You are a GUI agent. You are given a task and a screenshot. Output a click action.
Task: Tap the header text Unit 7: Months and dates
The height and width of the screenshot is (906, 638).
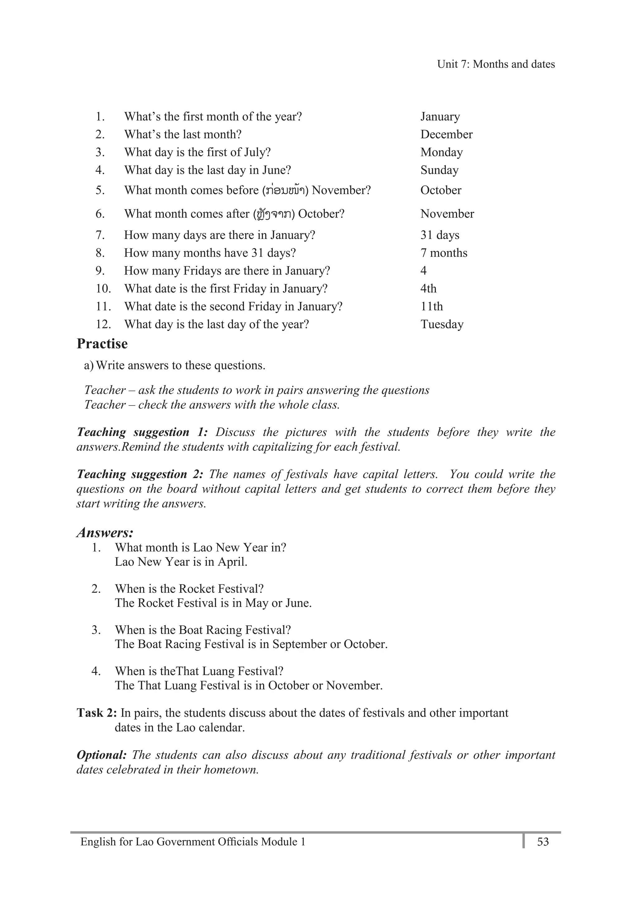(x=496, y=64)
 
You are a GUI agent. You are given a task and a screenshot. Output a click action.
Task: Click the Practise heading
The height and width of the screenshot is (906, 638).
(x=102, y=344)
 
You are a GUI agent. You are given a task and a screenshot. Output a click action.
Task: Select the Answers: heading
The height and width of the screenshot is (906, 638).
(x=105, y=532)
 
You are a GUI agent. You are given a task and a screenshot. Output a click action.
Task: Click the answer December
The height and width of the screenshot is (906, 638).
(x=446, y=135)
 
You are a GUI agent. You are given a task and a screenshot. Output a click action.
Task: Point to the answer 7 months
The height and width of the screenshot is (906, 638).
(x=444, y=253)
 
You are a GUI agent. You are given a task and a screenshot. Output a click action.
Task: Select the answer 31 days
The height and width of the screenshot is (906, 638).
(x=440, y=235)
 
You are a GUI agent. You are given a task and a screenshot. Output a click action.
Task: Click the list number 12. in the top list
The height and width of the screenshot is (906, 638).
(x=103, y=324)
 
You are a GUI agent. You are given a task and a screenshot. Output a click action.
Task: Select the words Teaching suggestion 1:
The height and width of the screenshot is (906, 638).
(x=142, y=432)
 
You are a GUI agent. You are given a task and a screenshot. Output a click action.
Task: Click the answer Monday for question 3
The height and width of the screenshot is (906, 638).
(x=441, y=152)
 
